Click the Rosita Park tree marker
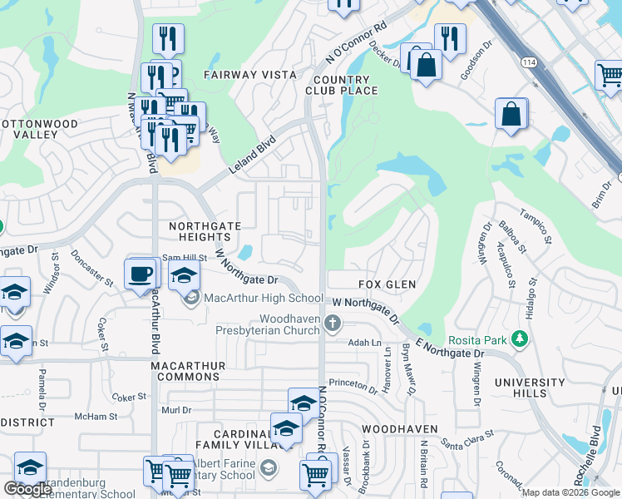click(521, 338)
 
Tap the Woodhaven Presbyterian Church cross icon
click(333, 324)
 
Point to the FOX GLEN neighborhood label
click(388, 284)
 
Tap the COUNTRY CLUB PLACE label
click(342, 85)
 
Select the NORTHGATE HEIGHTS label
click(205, 232)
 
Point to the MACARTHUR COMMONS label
click(185, 371)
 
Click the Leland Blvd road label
click(252, 157)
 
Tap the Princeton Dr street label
click(353, 383)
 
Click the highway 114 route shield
click(528, 62)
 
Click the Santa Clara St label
click(467, 438)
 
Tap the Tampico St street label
click(536, 225)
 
